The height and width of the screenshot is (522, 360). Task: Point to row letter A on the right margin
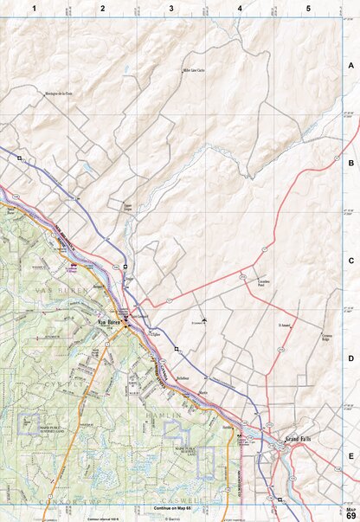(350, 66)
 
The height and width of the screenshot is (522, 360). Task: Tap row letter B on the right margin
(350, 163)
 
